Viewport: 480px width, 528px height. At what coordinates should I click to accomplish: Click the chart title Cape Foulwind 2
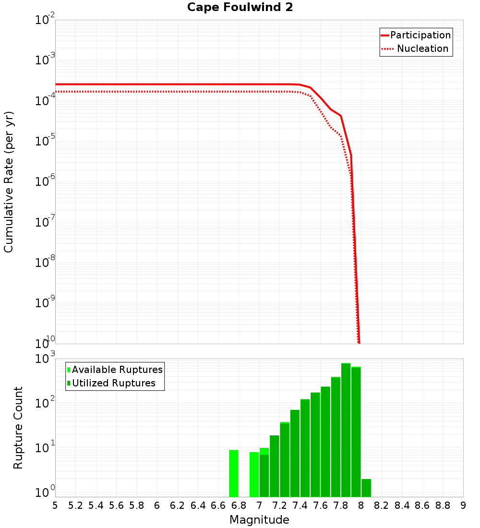[x=240, y=8]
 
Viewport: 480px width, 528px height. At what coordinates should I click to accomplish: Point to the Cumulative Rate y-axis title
[x=9, y=182]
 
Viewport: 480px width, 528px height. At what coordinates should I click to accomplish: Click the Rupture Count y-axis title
[x=18, y=428]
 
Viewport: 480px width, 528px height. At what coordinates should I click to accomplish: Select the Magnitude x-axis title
[x=259, y=520]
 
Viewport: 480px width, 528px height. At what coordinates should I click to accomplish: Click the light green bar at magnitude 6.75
[x=234, y=473]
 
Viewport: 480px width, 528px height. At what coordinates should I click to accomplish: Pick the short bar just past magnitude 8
[x=366, y=488]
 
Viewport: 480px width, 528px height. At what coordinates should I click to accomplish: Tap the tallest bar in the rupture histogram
[x=346, y=430]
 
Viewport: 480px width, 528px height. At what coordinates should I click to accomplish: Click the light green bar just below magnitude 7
[x=254, y=474]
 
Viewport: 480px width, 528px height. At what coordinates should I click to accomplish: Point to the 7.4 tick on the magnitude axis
[x=300, y=505]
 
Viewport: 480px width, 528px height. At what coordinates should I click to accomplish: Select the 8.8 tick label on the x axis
[x=443, y=505]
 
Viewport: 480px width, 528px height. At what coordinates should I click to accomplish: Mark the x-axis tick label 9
[x=463, y=505]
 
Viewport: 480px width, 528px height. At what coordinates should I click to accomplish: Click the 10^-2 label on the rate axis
[x=45, y=21]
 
